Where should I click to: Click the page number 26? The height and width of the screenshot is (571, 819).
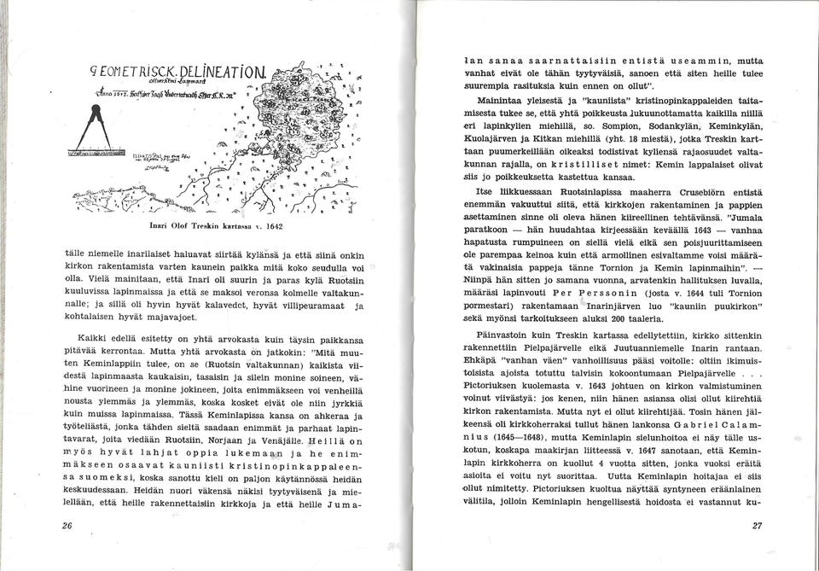(67, 526)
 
